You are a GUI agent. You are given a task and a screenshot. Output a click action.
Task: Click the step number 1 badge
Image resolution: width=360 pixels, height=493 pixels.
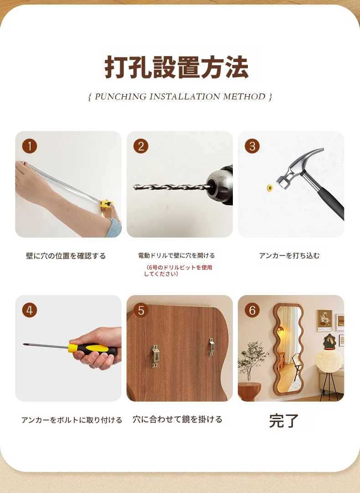click(30, 146)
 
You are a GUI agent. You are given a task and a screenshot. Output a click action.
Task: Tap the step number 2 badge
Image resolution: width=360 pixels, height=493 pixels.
click(141, 146)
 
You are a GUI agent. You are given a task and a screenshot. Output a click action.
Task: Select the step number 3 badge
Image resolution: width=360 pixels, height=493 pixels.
click(252, 146)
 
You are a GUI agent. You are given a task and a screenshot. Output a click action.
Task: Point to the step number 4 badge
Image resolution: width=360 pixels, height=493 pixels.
click(30, 310)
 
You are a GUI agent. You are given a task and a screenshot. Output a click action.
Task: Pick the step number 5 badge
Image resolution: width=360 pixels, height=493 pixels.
click(141, 310)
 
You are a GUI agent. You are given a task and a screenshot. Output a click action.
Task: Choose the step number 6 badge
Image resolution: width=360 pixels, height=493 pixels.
click(252, 310)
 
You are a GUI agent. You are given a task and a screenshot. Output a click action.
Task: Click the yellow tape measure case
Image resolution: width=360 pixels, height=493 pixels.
click(106, 205)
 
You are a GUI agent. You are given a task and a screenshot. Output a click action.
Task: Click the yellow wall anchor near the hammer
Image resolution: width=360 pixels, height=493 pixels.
click(269, 188)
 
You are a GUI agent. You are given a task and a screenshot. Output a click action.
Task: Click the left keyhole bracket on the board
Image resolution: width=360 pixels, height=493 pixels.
click(155, 356)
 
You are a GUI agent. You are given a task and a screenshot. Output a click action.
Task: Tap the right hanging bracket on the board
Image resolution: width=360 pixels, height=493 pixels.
click(212, 347)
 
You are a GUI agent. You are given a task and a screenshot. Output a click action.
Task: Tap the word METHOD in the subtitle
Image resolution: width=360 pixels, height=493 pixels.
click(244, 97)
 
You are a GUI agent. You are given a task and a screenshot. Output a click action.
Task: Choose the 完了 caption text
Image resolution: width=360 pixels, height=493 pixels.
click(283, 420)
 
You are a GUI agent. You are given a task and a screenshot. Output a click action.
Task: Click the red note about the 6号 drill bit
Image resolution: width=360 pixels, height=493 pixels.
click(178, 270)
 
